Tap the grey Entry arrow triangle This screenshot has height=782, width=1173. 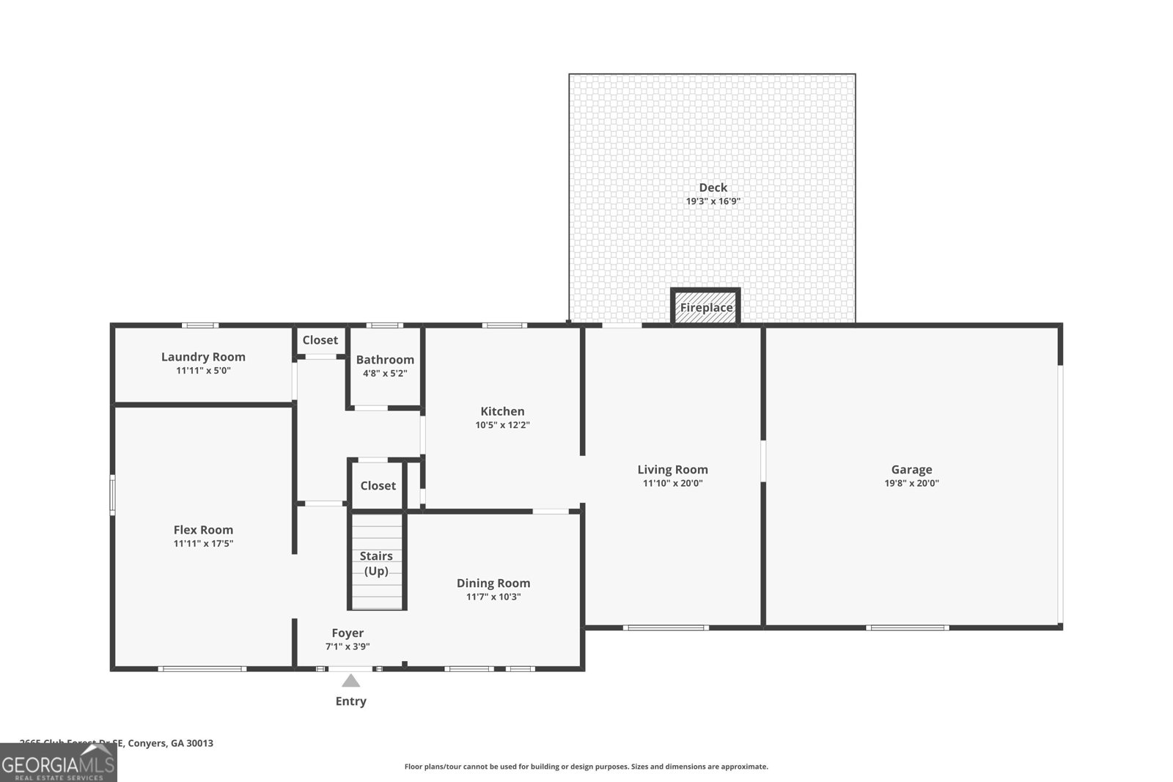coord(351,681)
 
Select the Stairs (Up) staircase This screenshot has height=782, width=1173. coord(376,563)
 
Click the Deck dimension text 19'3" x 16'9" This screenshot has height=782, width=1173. coord(713,201)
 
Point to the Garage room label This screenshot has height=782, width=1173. coord(911,470)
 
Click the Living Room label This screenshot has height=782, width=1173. coord(672,470)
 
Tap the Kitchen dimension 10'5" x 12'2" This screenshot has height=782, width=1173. coord(502,424)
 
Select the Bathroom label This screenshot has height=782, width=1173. coord(385,359)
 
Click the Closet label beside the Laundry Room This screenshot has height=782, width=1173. coord(320,340)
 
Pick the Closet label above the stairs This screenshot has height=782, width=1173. coord(378,485)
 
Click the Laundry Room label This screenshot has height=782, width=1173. coord(203,357)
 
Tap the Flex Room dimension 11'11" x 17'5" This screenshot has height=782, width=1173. coord(203,543)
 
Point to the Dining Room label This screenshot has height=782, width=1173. coord(493,583)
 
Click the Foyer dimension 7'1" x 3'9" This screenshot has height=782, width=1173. coord(348,646)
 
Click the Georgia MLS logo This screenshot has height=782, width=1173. coord(59,764)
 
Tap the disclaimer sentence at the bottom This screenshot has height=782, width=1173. coord(586,767)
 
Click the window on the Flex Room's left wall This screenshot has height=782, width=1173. coord(113,494)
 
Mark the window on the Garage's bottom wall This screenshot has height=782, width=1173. coord(907,627)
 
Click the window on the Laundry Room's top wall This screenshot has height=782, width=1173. coord(199,325)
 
